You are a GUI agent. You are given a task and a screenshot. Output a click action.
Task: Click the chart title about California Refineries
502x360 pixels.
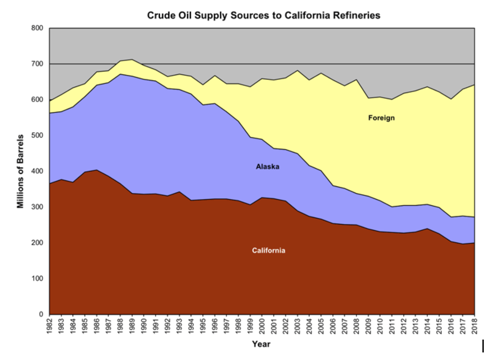coord(263,16)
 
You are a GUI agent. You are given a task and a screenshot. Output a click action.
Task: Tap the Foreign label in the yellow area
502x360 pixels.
coord(381,118)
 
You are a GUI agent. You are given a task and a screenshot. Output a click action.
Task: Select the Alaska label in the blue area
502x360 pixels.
coord(268,167)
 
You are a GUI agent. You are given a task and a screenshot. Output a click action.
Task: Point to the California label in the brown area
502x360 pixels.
coord(269,251)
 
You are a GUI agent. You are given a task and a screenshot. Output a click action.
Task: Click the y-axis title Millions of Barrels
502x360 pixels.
coord(20,171)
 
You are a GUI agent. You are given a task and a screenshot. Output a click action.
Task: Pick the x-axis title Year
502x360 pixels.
coord(261,344)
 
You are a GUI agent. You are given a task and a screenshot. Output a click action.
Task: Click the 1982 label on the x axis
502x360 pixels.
coord(50,326)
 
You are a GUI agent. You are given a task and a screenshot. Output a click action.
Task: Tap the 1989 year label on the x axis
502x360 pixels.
coord(132,326)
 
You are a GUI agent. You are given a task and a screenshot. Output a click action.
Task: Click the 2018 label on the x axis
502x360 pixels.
coord(475,326)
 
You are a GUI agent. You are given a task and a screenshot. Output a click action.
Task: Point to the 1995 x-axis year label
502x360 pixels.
coord(203,326)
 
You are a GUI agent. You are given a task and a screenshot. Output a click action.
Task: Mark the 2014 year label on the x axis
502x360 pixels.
coord(428,326)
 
